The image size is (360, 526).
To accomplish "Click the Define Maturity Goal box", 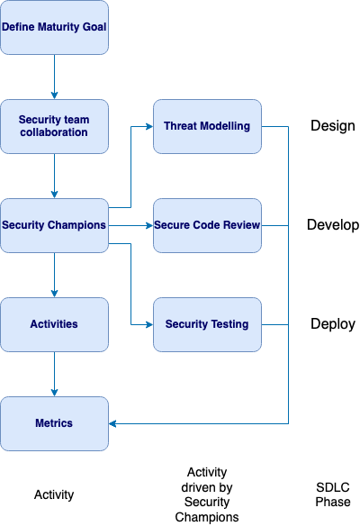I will pos(54,27).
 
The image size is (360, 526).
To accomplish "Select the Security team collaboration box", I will pos(54,126).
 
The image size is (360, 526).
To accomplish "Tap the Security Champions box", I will pos(54,225).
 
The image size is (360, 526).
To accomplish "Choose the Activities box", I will pos(54,324).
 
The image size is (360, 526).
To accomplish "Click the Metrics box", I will pos(54,422).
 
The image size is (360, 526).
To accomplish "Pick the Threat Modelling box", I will pos(207,126).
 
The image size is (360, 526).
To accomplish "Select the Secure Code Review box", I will pos(207,225).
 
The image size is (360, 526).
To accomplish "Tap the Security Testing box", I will pos(207,324).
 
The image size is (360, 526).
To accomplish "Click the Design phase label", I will pos(333,126).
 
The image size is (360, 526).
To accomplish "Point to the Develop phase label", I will pos(333,225).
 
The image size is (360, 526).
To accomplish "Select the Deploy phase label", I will pos(333,324).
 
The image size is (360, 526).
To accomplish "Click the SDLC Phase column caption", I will pos(332,494).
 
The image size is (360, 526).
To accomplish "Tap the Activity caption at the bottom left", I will pos(54,494).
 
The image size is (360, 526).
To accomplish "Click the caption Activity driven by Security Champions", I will pos(207,494).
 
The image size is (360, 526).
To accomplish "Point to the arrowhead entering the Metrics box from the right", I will pos(113,422).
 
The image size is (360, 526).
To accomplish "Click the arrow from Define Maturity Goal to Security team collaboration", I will pos(54,77).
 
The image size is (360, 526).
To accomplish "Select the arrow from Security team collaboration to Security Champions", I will pos(54,176).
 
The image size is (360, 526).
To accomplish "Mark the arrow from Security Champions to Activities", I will pos(54,275).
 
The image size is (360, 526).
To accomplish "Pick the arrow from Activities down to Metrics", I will pos(54,373).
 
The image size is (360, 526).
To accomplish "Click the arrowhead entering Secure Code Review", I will pos(148,225).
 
